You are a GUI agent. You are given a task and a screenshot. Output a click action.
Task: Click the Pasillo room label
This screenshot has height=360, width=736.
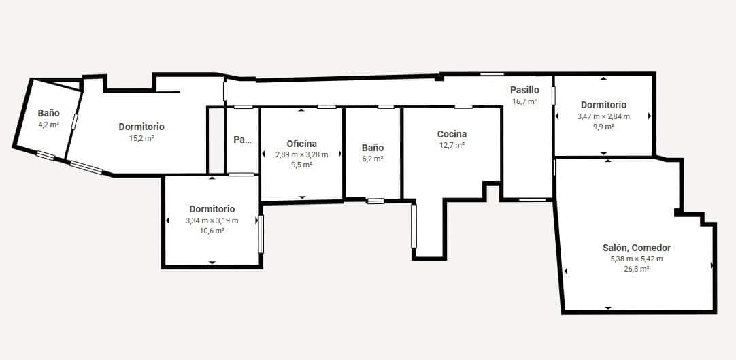(x=524, y=90)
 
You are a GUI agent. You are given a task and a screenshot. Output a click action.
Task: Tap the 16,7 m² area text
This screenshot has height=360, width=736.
(x=524, y=101)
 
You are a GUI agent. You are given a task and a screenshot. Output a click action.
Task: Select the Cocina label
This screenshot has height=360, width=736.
(x=452, y=134)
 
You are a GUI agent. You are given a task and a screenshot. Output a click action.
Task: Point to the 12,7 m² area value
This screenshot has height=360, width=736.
(x=452, y=145)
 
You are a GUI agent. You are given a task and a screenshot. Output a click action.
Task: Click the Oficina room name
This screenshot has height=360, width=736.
(x=301, y=144)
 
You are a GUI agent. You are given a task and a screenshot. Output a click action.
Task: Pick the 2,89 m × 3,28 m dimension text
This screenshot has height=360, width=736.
(x=301, y=154)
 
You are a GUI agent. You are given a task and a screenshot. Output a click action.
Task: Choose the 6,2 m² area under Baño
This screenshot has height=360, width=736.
(x=373, y=159)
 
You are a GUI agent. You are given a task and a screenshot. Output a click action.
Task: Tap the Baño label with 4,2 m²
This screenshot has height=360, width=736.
(x=48, y=113)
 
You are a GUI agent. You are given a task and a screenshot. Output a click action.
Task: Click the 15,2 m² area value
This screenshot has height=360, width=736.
(x=141, y=137)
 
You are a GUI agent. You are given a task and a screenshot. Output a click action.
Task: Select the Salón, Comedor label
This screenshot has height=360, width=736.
(x=637, y=248)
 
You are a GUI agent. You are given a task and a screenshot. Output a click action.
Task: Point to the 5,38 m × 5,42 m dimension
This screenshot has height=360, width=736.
(x=637, y=259)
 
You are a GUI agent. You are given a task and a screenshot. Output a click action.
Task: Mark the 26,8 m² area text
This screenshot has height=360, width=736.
(x=637, y=269)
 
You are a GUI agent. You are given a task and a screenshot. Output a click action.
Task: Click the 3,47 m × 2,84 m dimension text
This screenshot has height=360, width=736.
(x=603, y=116)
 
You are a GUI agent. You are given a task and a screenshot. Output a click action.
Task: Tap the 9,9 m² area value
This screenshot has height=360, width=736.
(x=603, y=127)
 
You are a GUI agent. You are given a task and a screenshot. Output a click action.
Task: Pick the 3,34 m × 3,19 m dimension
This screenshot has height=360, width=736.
(x=212, y=220)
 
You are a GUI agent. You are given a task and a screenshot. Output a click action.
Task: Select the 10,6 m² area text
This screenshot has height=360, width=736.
(x=212, y=231)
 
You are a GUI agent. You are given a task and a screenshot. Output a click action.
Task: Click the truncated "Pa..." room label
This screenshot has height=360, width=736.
(x=242, y=140)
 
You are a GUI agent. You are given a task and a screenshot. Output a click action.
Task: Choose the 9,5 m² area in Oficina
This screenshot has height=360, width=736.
(x=301, y=165)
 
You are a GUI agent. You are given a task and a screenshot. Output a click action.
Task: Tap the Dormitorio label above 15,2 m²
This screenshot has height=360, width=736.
(x=141, y=127)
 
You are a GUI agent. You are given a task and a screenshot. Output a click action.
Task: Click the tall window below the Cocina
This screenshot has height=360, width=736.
(x=414, y=226)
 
